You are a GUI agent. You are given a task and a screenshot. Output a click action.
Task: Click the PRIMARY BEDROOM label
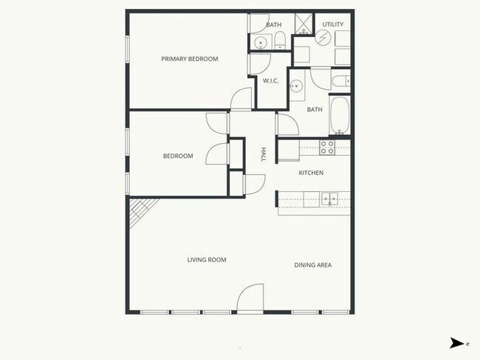(x=190, y=59)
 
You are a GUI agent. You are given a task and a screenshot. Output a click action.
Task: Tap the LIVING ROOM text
(x=206, y=260)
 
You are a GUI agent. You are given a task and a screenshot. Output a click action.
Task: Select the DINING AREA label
(x=312, y=265)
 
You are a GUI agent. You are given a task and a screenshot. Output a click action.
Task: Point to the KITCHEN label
(x=311, y=173)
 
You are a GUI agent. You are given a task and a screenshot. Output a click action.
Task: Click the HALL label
(x=263, y=154)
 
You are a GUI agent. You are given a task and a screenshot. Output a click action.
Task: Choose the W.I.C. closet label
(x=270, y=81)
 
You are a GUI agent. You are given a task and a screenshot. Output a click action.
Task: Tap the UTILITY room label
(x=333, y=25)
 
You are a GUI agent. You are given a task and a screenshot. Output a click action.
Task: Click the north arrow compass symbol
(x=458, y=342)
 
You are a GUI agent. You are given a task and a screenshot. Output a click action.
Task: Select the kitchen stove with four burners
(x=327, y=148)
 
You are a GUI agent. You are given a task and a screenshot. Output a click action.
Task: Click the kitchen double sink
(x=329, y=197)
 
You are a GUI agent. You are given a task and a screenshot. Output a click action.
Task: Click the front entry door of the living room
(x=250, y=299)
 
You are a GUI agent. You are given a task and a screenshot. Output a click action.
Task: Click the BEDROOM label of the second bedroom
(x=178, y=156)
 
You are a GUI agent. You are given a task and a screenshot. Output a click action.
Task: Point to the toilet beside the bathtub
(x=341, y=80)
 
